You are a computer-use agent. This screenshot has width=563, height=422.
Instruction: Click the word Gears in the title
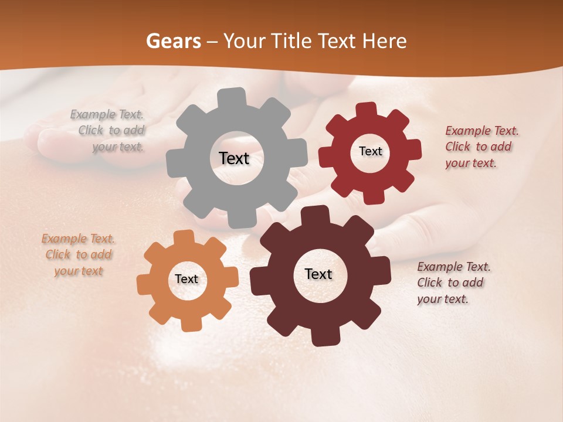coord(173,41)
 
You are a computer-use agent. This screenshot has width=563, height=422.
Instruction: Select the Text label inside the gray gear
coord(234,158)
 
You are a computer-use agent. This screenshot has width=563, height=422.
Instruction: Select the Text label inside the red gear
coord(370,151)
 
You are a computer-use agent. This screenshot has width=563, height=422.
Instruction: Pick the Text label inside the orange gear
coord(186,279)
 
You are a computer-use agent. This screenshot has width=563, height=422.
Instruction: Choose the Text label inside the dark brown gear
coord(318,274)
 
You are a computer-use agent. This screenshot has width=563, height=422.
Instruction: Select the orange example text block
coord(79,254)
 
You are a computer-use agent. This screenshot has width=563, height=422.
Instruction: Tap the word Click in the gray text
coord(91,130)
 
